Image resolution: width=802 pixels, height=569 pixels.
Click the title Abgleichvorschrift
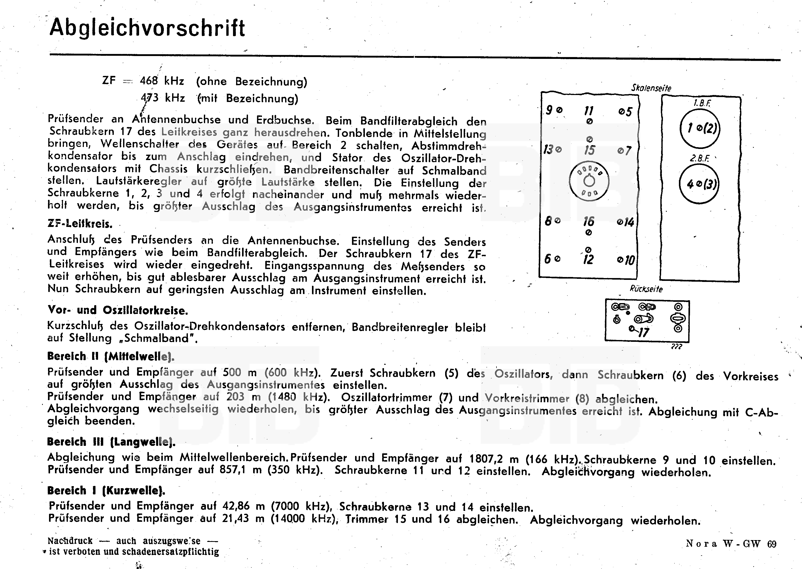(147, 28)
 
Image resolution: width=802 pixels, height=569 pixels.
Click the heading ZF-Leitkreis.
(80, 224)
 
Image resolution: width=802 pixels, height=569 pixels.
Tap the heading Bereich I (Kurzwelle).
(106, 491)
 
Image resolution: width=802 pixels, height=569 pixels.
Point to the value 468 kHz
(162, 81)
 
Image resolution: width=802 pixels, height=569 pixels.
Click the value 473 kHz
(163, 98)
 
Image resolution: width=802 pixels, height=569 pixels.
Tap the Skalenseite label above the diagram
(651, 88)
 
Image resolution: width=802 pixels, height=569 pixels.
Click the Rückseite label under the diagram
(646, 289)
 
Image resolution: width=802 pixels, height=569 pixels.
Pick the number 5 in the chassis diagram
(628, 112)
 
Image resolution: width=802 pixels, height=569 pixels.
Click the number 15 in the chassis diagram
(589, 150)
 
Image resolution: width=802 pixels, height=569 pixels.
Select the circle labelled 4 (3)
(699, 184)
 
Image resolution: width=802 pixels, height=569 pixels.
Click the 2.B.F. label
(699, 158)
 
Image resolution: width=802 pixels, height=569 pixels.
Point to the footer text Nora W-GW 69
(731, 544)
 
